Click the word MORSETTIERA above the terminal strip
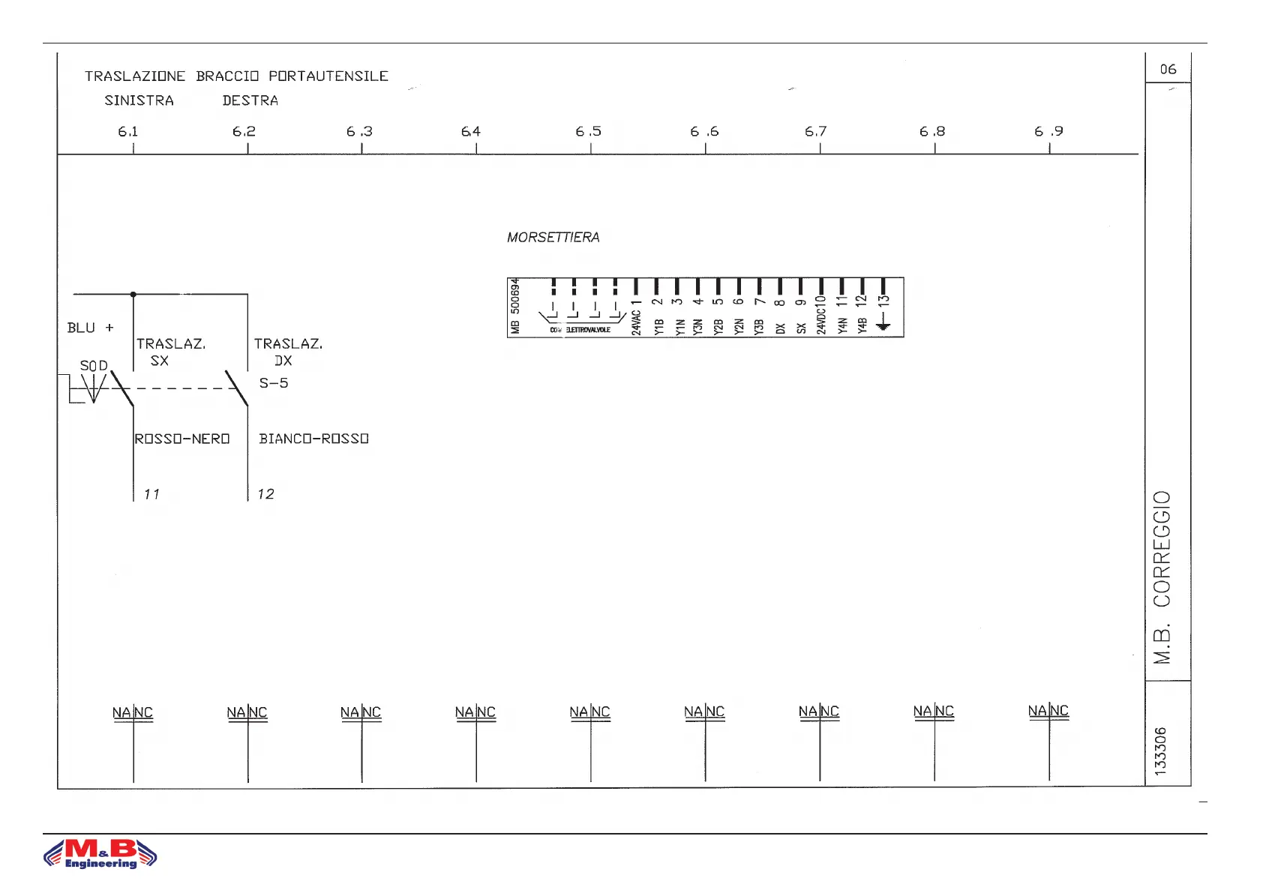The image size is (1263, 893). pyautogui.click(x=553, y=238)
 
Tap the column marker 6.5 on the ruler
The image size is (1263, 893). pyautogui.click(x=589, y=132)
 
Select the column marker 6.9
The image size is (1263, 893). pyautogui.click(x=1048, y=132)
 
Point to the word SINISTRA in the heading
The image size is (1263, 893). pyautogui.click(x=139, y=100)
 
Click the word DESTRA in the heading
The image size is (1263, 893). pyautogui.click(x=250, y=100)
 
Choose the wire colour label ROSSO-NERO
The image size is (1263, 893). pyautogui.click(x=182, y=439)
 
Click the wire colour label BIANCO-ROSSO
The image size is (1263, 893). pyautogui.click(x=313, y=439)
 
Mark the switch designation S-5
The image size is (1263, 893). pyautogui.click(x=274, y=383)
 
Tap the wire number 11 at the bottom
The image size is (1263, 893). pyautogui.click(x=151, y=494)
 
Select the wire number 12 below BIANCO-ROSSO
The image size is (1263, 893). pyautogui.click(x=265, y=494)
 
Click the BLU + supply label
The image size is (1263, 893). pyautogui.click(x=90, y=328)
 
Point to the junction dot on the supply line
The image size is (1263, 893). pyautogui.click(x=133, y=294)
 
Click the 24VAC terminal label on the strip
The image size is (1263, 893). pyautogui.click(x=636, y=318)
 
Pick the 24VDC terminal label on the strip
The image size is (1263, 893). pyautogui.click(x=821, y=315)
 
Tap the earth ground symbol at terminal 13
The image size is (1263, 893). pyautogui.click(x=883, y=324)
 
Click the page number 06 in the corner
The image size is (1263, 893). pyautogui.click(x=1168, y=69)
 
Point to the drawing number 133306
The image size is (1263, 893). pyautogui.click(x=1161, y=751)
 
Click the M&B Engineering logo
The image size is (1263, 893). pyautogui.click(x=100, y=853)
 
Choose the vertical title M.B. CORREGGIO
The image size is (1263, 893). pyautogui.click(x=1162, y=577)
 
